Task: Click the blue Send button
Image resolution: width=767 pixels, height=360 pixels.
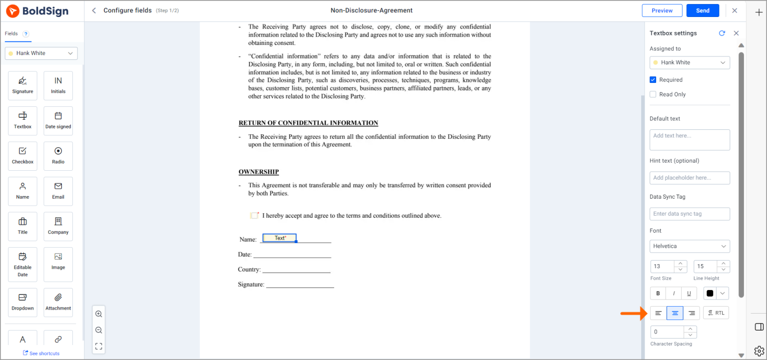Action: pos(702,10)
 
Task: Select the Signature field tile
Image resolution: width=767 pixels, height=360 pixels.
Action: pos(22,85)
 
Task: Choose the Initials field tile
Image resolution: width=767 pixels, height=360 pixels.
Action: pos(58,85)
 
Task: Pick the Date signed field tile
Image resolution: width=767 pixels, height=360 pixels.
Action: pos(58,121)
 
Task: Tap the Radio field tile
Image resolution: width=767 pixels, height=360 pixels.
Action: pos(58,156)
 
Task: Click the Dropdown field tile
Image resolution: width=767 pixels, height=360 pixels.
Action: pos(22,302)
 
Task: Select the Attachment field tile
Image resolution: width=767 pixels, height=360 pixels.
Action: pos(58,302)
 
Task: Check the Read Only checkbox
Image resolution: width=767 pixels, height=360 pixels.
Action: pos(653,94)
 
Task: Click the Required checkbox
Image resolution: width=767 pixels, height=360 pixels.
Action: pos(653,80)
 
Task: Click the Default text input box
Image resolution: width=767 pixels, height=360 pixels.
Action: pos(689,140)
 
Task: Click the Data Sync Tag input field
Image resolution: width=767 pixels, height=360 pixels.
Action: pos(689,214)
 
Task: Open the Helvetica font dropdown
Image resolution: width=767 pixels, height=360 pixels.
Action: pos(689,246)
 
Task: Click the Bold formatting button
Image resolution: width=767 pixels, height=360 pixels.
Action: pos(658,294)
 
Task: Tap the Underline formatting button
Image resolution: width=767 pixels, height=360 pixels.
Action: pos(689,294)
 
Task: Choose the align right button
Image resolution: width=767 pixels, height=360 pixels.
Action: pos(692,313)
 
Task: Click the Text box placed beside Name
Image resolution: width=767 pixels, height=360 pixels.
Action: pos(279,238)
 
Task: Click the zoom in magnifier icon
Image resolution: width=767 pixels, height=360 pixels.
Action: pos(99,314)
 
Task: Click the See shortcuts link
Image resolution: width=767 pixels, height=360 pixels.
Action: pos(41,354)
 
